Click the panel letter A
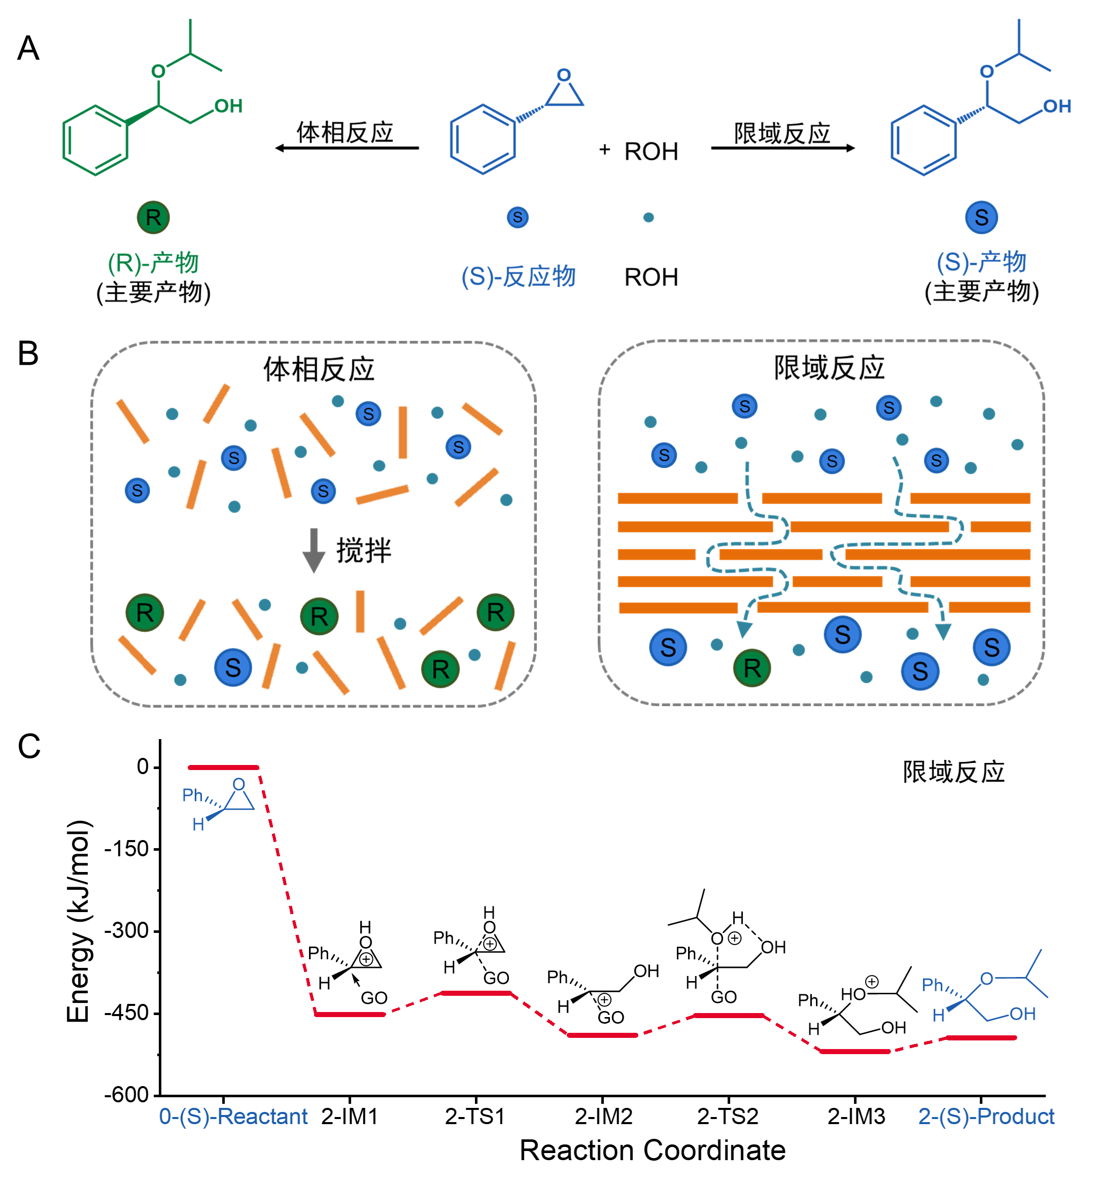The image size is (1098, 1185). tap(28, 49)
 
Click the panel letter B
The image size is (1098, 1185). tap(28, 354)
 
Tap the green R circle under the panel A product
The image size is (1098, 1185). tap(153, 218)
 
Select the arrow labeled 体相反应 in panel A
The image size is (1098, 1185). tap(347, 148)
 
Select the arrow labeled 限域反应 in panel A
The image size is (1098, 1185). tap(782, 148)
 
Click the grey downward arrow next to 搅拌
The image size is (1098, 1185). tap(313, 550)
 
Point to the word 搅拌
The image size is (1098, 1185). tap(364, 550)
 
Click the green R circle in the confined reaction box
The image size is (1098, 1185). tap(751, 668)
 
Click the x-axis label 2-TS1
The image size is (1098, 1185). tap(475, 1117)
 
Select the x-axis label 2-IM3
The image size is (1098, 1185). tap(856, 1117)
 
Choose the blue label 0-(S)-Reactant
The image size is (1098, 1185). tap(233, 1117)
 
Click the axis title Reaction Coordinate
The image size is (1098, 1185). tap(653, 1151)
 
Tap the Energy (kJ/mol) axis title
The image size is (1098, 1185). tap(79, 921)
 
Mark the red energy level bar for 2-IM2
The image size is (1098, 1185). tap(602, 1035)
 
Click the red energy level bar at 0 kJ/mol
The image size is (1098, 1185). tap(223, 768)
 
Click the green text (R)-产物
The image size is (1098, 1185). tap(153, 263)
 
